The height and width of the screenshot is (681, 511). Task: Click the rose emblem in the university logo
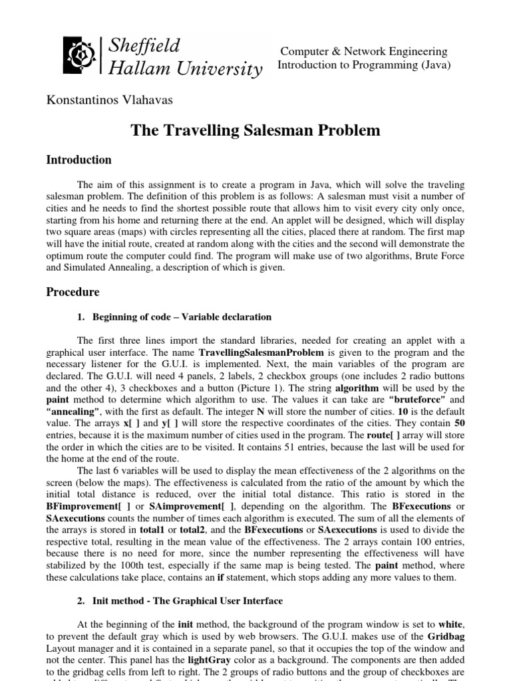tap(80, 57)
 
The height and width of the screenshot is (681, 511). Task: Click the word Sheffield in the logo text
tap(144, 47)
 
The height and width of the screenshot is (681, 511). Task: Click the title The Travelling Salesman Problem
tap(255, 130)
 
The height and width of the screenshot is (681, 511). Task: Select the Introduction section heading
tap(79, 160)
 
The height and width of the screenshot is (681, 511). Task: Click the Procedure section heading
tap(73, 291)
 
